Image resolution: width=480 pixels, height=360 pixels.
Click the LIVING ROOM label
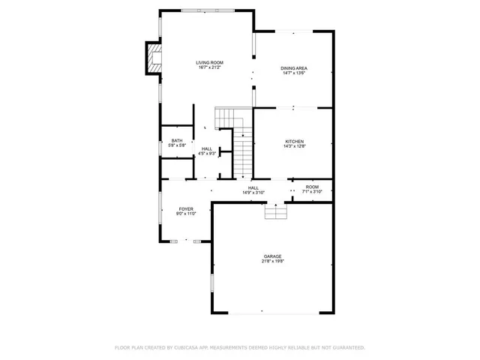click(209, 62)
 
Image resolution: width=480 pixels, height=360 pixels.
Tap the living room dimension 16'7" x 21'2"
click(209, 67)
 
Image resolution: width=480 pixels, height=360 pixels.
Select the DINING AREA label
click(294, 68)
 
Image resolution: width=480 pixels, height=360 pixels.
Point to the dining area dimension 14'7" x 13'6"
click(294, 73)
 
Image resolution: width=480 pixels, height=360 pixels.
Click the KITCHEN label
click(294, 142)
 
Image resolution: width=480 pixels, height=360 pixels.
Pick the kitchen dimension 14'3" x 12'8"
click(294, 147)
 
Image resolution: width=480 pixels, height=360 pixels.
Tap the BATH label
click(176, 140)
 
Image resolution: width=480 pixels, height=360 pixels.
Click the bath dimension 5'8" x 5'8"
click(176, 145)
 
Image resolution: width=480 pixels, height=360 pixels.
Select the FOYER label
click(186, 208)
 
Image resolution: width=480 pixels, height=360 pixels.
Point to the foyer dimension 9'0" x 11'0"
click(186, 214)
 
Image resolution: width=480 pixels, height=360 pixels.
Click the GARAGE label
click(272, 256)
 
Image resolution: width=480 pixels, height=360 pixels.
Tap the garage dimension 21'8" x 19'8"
click(272, 262)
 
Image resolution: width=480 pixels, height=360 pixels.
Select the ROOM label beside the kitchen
click(312, 187)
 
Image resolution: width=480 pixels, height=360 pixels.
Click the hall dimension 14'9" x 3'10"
click(253, 193)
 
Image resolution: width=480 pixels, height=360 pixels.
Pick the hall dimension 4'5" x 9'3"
click(206, 154)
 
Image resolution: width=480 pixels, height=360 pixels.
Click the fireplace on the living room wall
click(153, 59)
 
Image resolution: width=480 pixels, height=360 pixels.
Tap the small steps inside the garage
click(275, 214)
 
